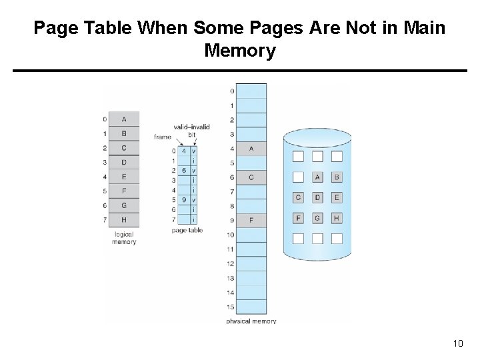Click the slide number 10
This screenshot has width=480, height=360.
click(x=457, y=343)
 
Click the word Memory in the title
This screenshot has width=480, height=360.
click(x=239, y=51)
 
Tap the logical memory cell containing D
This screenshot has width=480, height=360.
click(x=124, y=163)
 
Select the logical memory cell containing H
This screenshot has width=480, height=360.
click(x=124, y=220)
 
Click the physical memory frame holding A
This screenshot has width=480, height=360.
click(x=251, y=149)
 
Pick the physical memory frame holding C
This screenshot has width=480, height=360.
click(x=251, y=177)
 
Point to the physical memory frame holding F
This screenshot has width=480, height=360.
click(x=251, y=220)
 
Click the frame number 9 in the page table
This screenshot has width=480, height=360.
click(x=184, y=199)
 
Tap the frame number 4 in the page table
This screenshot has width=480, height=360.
click(x=184, y=151)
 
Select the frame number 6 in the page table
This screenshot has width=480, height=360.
click(x=184, y=171)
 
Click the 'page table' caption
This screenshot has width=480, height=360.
click(x=187, y=231)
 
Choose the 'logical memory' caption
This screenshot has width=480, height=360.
click(x=124, y=238)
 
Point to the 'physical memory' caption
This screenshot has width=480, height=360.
click(x=251, y=321)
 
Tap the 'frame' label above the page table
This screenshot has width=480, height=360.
click(x=162, y=137)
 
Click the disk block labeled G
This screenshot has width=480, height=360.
click(x=317, y=218)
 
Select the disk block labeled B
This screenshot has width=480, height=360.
click(x=337, y=177)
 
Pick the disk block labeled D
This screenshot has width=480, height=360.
click(x=317, y=197)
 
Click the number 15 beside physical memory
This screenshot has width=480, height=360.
click(x=231, y=307)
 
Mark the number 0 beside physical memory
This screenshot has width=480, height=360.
click(x=232, y=91)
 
